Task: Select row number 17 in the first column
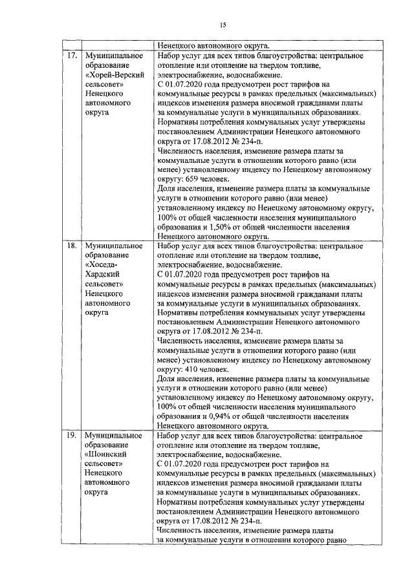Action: pos(72,56)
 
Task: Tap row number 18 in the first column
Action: pos(72,246)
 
